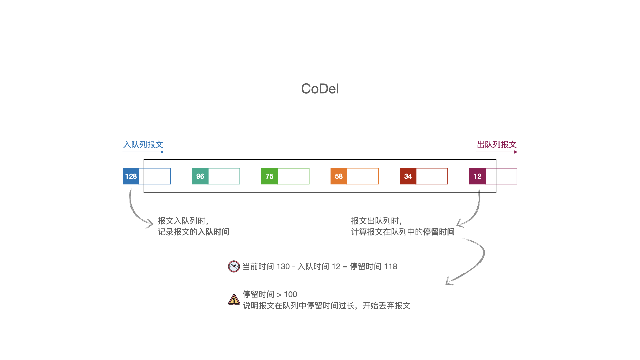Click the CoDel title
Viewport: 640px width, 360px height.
(x=320, y=89)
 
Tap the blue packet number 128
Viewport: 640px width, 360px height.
(x=131, y=176)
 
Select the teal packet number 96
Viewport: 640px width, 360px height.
(x=200, y=176)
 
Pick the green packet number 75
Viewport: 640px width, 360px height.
(x=269, y=176)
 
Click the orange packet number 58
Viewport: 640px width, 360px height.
(x=339, y=176)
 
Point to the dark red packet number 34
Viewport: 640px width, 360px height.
(x=408, y=176)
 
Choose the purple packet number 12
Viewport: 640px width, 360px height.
(x=477, y=176)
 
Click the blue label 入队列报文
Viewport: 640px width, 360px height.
(x=143, y=144)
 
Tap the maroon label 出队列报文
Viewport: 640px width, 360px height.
(x=497, y=144)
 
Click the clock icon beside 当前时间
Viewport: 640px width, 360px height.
(x=234, y=266)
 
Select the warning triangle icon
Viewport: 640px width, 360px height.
(x=234, y=300)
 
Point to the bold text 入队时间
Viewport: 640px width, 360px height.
(x=213, y=232)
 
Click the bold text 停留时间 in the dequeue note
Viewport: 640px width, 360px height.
(x=439, y=232)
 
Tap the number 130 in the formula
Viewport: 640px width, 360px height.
(x=283, y=267)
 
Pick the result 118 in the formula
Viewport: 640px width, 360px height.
(x=390, y=267)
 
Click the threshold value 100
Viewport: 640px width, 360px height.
(x=290, y=295)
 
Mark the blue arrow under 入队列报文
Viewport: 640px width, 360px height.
(x=143, y=152)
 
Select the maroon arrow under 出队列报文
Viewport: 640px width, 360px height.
(x=497, y=152)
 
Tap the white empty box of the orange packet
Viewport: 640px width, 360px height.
(x=363, y=176)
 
